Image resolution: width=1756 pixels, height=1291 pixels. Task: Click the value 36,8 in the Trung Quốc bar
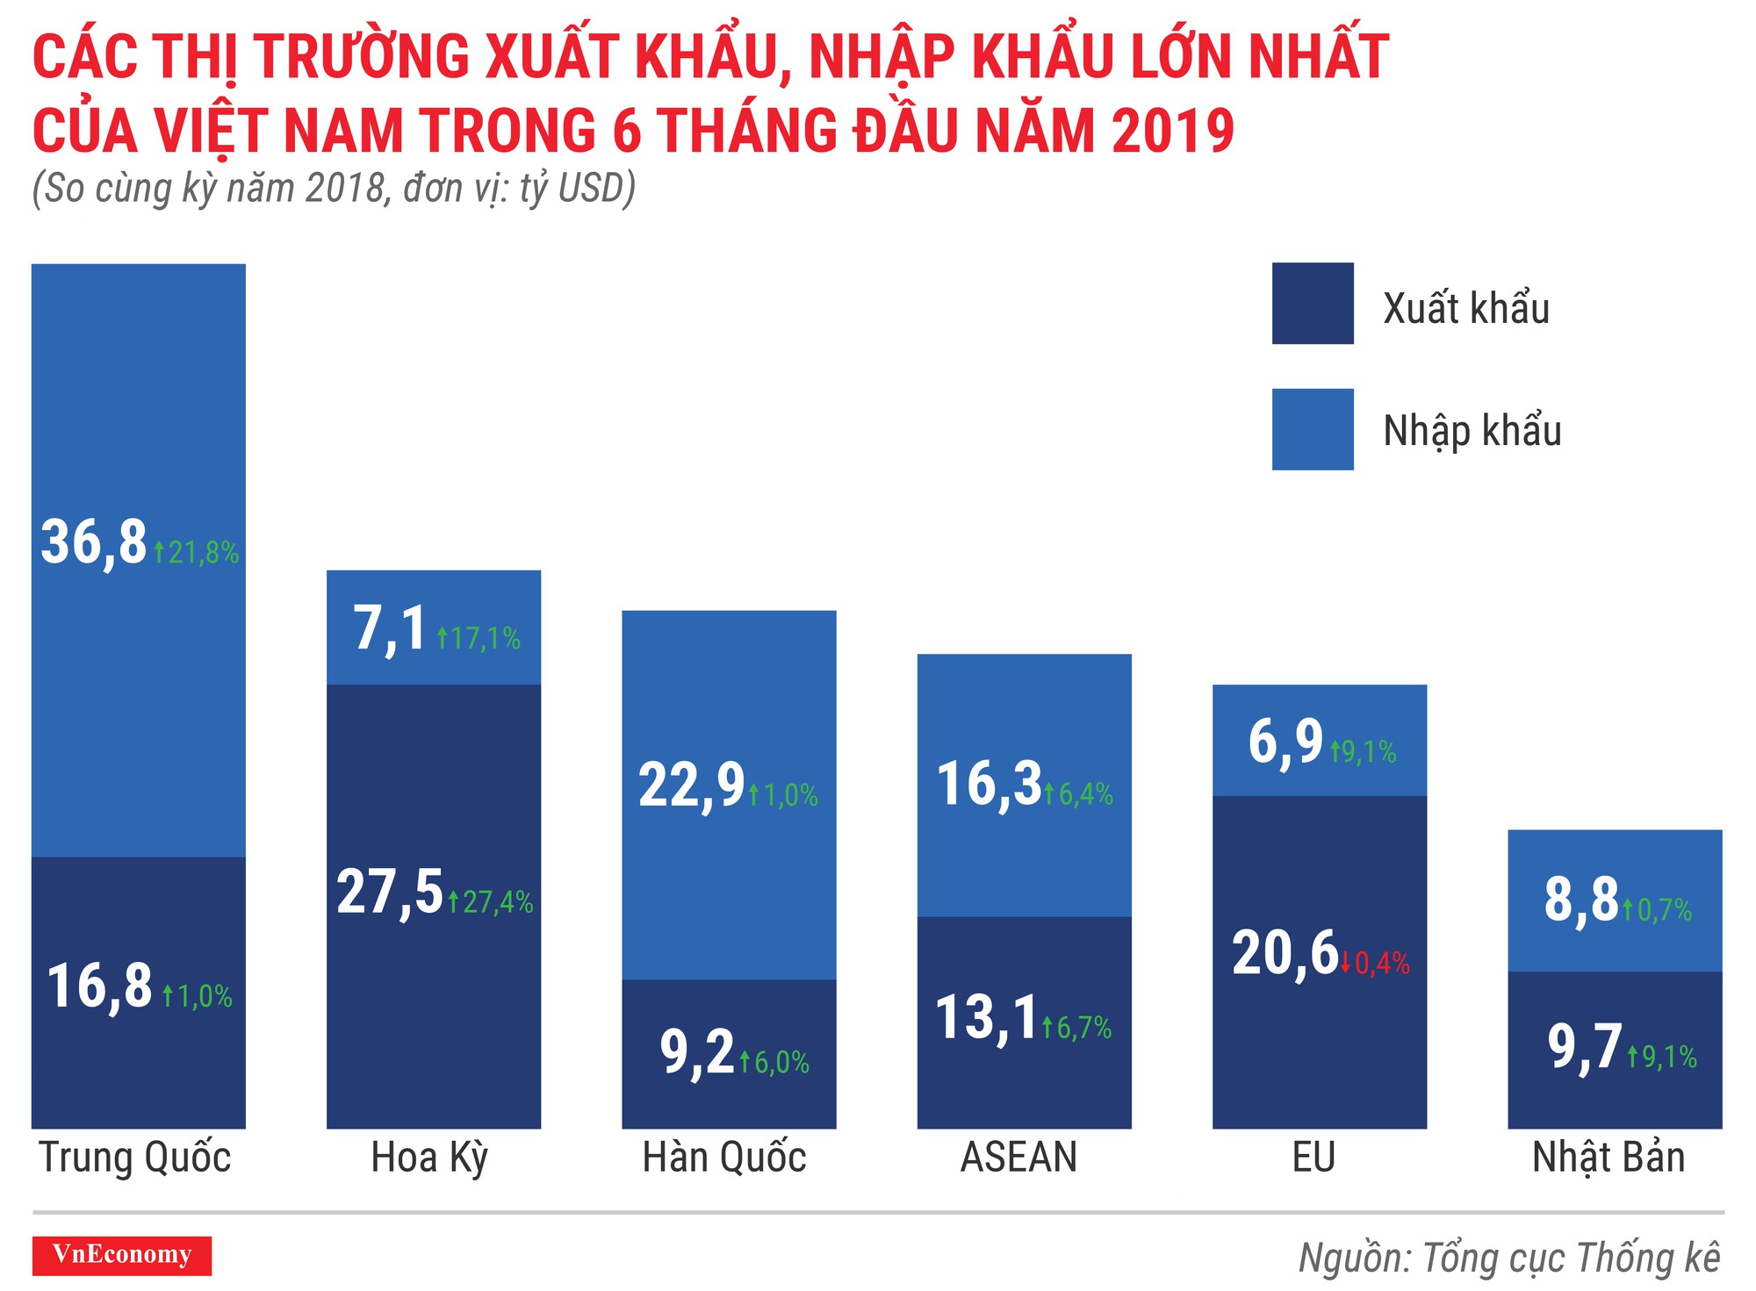coord(94,543)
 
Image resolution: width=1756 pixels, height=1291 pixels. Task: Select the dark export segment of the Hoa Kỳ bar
coord(434,1009)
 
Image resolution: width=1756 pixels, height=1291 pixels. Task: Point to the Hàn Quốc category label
coord(724,1158)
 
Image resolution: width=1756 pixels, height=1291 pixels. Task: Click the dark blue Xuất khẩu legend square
coord(1313,304)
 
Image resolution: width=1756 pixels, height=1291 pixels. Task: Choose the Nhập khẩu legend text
coord(1472,431)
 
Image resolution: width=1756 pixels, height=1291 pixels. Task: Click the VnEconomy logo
coord(122,1255)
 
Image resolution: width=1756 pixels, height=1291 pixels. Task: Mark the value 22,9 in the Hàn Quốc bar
coord(691,785)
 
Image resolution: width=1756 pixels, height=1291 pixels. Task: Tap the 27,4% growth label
coord(491,902)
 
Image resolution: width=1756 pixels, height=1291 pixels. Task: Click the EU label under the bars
coord(1314,1158)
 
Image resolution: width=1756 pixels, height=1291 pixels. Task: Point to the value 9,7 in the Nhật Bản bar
coord(1584,1048)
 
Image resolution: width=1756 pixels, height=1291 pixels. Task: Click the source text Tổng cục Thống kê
coord(1571,1258)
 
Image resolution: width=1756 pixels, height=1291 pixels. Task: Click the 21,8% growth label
coord(197,553)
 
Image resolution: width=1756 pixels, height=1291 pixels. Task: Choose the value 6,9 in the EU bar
coord(1285,742)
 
